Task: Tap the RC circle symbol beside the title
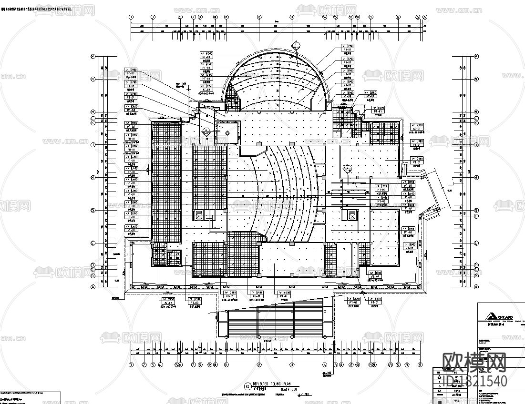pos(247,385)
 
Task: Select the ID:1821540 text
pos(475,381)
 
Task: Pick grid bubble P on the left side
pos(93,56)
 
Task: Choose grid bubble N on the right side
pos(476,79)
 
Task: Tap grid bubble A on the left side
pos(93,287)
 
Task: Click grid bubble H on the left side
pos(93,178)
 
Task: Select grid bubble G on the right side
pos(476,210)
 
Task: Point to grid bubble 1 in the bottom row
pos(131,365)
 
